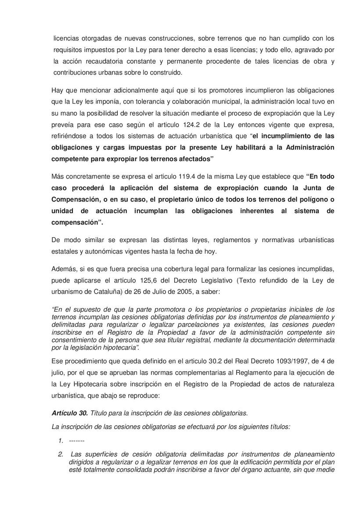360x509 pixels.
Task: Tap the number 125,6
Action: point(137,280)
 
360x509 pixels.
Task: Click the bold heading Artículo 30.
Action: point(70,413)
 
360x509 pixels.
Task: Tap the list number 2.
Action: point(61,454)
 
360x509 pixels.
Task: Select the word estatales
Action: point(65,251)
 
